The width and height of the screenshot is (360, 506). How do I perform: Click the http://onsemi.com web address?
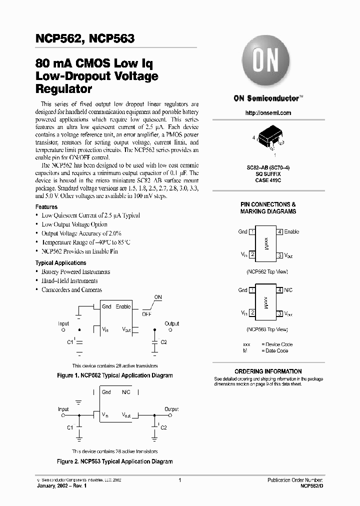(x=268, y=113)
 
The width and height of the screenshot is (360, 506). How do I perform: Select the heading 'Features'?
(x=46, y=206)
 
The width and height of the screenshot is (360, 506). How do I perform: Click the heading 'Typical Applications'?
(x=60, y=262)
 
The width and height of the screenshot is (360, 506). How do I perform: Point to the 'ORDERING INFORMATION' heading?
(x=268, y=371)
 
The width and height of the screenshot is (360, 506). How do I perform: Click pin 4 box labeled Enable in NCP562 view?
(x=280, y=231)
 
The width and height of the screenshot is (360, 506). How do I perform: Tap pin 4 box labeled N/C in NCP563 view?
(x=280, y=290)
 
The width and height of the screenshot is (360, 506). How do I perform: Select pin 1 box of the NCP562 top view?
(x=252, y=231)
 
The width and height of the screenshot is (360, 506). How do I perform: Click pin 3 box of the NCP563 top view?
(x=280, y=313)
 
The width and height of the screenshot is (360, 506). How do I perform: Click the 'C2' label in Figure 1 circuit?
(x=163, y=342)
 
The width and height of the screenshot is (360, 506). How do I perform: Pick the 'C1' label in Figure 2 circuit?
(x=70, y=427)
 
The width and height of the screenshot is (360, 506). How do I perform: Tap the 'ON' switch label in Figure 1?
(x=158, y=297)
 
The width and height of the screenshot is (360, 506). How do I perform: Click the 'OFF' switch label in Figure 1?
(x=146, y=314)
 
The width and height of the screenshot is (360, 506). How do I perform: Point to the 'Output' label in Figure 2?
(x=171, y=409)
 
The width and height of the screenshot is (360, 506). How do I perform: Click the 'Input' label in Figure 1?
(x=63, y=323)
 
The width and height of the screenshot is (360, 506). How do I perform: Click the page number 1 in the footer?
(x=179, y=479)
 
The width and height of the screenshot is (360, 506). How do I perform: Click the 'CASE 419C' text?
(x=268, y=179)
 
